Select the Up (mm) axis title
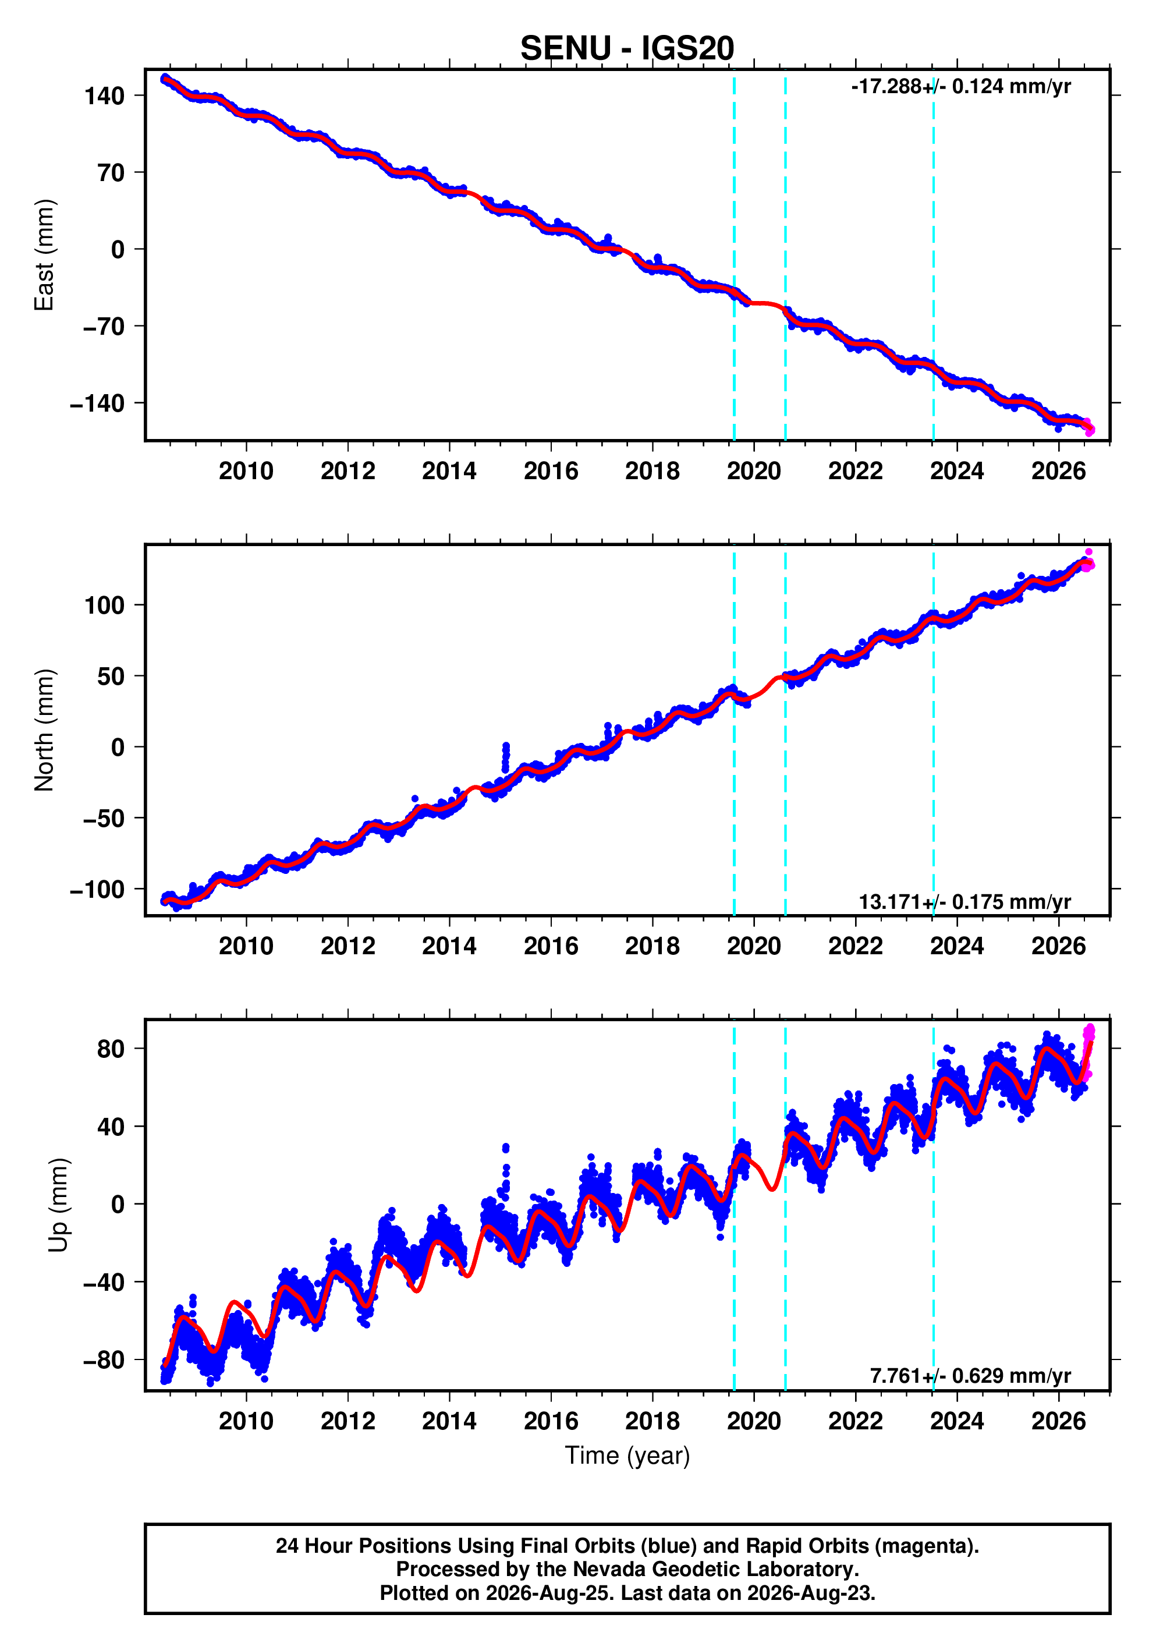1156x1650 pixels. [59, 1205]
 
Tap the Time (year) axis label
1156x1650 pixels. [627, 1455]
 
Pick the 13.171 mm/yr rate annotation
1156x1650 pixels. [965, 902]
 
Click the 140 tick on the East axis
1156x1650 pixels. [105, 95]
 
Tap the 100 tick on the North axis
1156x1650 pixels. [105, 605]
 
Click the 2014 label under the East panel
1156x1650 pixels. [449, 472]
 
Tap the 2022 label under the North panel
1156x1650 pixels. [856, 947]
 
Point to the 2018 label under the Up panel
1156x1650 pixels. [653, 1421]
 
